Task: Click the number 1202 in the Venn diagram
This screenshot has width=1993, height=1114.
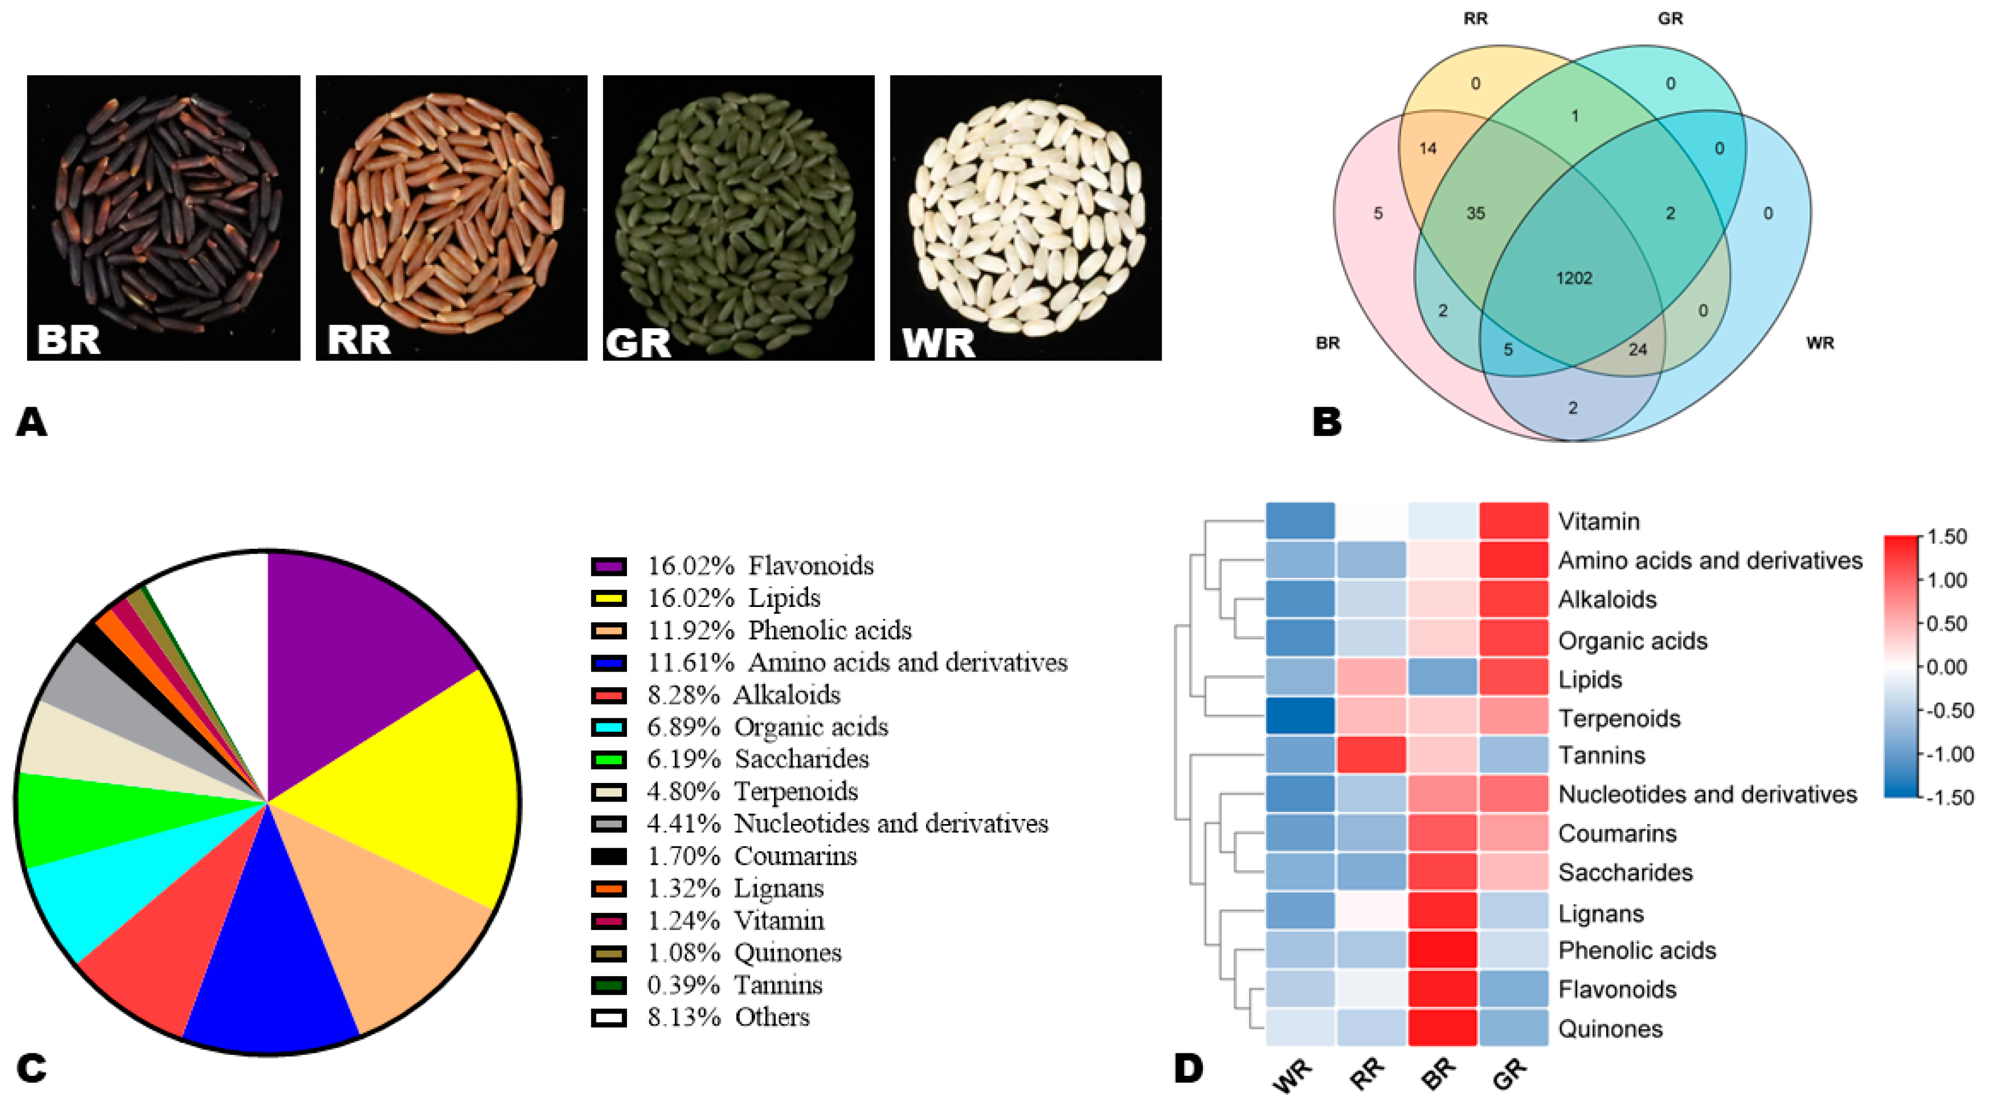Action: [x=1573, y=278]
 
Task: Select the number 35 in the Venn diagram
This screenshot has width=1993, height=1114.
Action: [x=1475, y=214]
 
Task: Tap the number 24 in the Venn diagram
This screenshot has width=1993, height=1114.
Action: [x=1637, y=350]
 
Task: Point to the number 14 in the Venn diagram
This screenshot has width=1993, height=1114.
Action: [x=1428, y=148]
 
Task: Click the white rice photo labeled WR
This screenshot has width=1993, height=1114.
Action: [x=1025, y=217]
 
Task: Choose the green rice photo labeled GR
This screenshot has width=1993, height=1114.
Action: [x=738, y=217]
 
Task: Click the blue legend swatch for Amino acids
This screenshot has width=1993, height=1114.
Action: [x=608, y=663]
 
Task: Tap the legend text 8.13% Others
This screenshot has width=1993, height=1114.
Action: [x=728, y=1017]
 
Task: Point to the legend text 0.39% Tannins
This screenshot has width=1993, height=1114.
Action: [x=734, y=985]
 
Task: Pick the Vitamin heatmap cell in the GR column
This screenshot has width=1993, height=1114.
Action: [x=1513, y=521]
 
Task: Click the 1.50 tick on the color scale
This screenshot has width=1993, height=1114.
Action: [x=1946, y=537]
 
